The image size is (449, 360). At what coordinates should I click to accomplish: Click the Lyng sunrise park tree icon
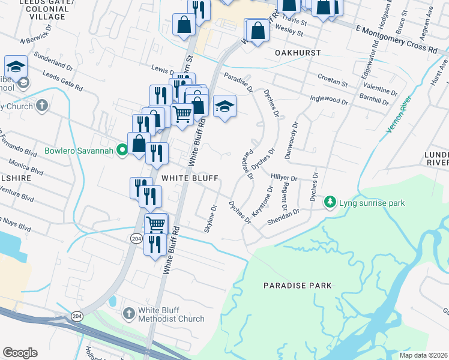point(330,203)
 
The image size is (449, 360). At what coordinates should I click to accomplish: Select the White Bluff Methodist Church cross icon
point(128,313)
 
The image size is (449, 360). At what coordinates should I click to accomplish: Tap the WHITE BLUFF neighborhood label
point(184,178)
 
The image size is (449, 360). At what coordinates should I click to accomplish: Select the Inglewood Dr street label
point(328,98)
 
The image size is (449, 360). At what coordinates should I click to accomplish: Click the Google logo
point(20,353)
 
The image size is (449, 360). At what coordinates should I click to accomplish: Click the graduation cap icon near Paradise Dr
point(224,107)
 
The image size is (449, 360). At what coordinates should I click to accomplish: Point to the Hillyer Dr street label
point(284,178)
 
